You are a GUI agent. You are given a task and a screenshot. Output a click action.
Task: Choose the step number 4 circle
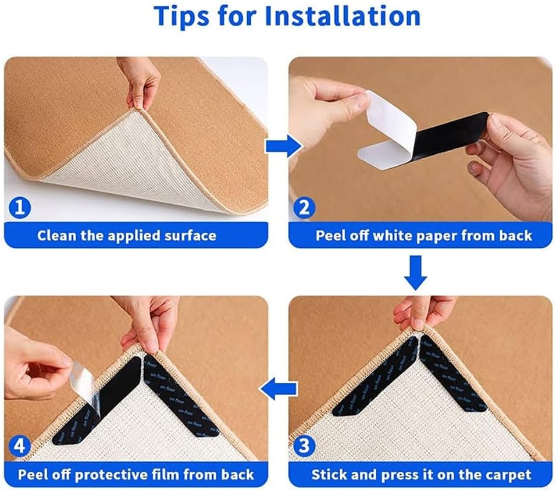tap(20, 447)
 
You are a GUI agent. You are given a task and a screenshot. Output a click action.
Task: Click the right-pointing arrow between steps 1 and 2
tap(278, 147)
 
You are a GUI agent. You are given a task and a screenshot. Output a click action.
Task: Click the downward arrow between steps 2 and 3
tap(416, 272)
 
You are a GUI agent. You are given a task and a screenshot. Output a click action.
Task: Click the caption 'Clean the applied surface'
tap(126, 236)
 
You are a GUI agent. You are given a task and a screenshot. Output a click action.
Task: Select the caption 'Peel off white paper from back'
tap(423, 236)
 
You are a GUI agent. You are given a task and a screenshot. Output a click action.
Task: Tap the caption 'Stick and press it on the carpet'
tap(421, 474)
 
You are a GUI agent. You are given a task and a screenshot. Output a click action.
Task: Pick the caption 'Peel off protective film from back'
tap(136, 474)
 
